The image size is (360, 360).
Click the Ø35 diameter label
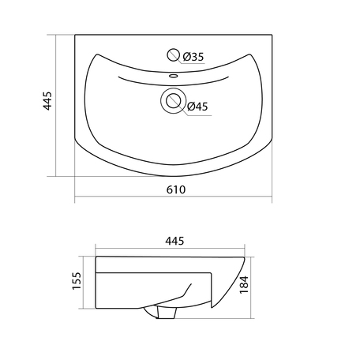pyautogui.click(x=193, y=57)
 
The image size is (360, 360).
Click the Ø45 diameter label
pyautogui.click(x=197, y=107)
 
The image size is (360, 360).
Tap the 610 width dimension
pyautogui.click(x=176, y=189)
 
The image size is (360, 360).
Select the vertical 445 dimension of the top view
pyautogui.click(x=47, y=101)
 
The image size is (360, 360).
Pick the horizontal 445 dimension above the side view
pyautogui.click(x=174, y=241)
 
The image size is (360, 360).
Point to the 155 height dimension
pyautogui.click(x=77, y=281)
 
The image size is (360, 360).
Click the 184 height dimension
pyautogui.click(x=244, y=285)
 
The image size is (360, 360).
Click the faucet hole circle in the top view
pyautogui.click(x=174, y=55)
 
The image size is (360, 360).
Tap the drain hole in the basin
pyautogui.click(x=174, y=100)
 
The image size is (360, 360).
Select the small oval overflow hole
pyautogui.click(x=173, y=76)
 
